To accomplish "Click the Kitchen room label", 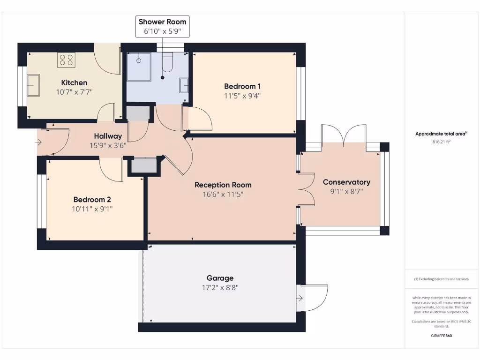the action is coord(74,82).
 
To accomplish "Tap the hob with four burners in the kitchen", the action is coord(67,60).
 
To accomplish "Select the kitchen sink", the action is coord(33,85).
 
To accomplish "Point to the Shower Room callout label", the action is coord(163,27).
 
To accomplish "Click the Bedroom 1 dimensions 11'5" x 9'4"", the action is coord(242,96).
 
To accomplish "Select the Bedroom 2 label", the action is coord(92,200).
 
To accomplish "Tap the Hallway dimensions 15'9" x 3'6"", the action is coord(108,145).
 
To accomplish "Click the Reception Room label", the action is coord(223,185).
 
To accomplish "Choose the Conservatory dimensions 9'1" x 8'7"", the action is coord(346,191).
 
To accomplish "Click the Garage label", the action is coord(220,278).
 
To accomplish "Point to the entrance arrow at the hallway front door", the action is coord(38,142).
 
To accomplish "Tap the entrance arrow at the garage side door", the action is coord(300,298).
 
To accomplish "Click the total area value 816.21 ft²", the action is coord(442,142).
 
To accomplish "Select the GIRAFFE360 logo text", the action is coord(442,336).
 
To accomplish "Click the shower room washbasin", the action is coord(184,85).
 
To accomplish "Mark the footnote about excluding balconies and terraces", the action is coord(442,279).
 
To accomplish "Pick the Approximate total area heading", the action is coord(441,134).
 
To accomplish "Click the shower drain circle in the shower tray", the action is coord(139,60).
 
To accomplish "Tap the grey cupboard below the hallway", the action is coord(144,165).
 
